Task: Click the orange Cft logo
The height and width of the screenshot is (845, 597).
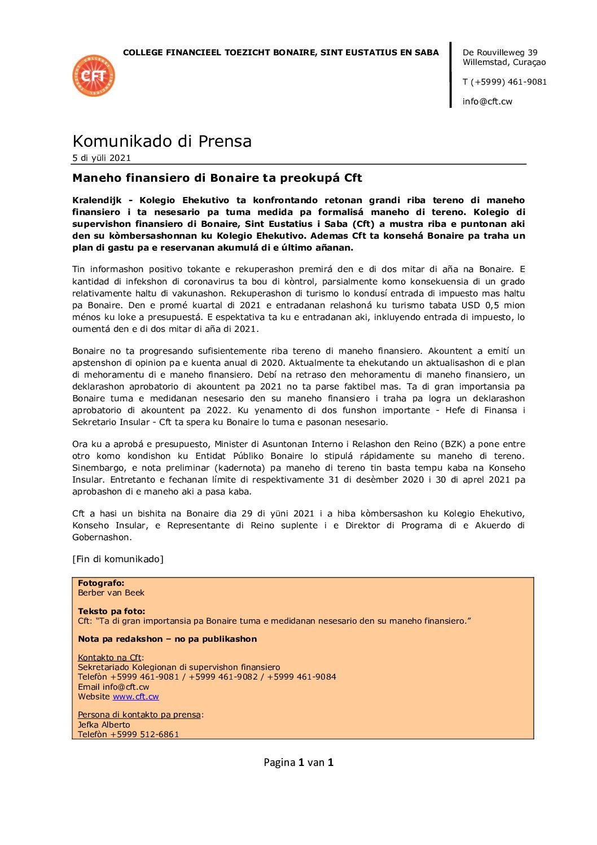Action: point(94,76)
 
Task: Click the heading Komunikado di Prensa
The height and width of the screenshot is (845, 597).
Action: point(162,141)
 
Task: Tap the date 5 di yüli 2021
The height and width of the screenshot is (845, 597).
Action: point(102,158)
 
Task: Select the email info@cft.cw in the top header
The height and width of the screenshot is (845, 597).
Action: point(488,102)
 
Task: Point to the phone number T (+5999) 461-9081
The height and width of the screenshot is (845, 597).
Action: point(504,82)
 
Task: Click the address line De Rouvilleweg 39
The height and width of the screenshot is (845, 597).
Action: point(500,52)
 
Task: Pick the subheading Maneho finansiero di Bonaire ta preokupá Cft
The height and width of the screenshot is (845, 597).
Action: point(217,178)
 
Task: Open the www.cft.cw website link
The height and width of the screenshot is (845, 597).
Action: point(135,697)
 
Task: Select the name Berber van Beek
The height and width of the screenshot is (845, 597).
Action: point(111,593)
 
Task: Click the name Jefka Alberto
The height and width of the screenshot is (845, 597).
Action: point(104,725)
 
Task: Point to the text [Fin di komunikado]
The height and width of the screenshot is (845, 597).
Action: point(118,559)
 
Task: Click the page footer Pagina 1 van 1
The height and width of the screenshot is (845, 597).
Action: point(298,763)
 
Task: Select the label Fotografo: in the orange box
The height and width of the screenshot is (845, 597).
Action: point(101,583)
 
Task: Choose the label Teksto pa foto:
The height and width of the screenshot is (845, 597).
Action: point(111,611)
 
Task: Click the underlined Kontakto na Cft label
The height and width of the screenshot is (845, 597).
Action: point(109,658)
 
